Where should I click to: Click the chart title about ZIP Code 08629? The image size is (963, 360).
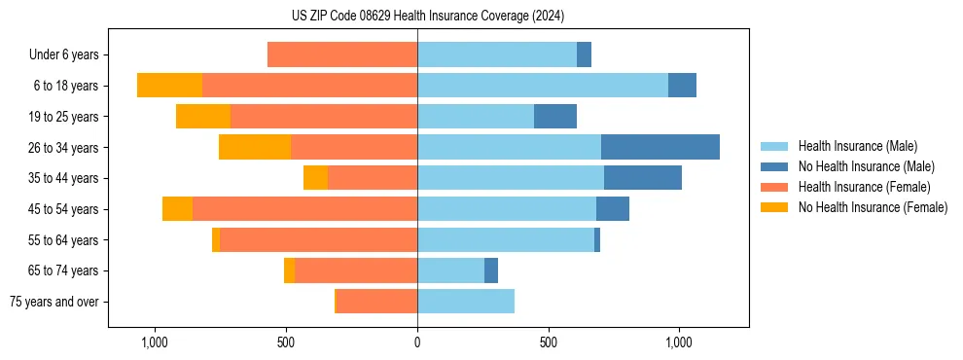pos(427,16)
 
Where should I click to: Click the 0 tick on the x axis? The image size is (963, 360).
pos(417,342)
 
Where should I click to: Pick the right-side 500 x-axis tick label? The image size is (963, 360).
pos(548,342)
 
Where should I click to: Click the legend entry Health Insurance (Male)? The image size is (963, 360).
pos(857,146)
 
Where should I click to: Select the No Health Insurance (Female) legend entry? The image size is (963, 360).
pos(873,207)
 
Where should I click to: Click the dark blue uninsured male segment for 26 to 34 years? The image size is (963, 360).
pos(660,147)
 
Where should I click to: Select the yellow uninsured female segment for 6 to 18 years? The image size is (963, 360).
pos(169,86)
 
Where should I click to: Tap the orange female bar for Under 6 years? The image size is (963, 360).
pos(342,54)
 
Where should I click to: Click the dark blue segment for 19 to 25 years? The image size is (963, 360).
pos(555,117)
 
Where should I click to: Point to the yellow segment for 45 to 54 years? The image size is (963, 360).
pos(177,209)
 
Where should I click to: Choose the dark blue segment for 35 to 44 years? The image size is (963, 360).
pos(643,178)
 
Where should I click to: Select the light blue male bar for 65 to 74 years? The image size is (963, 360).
pos(450,270)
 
